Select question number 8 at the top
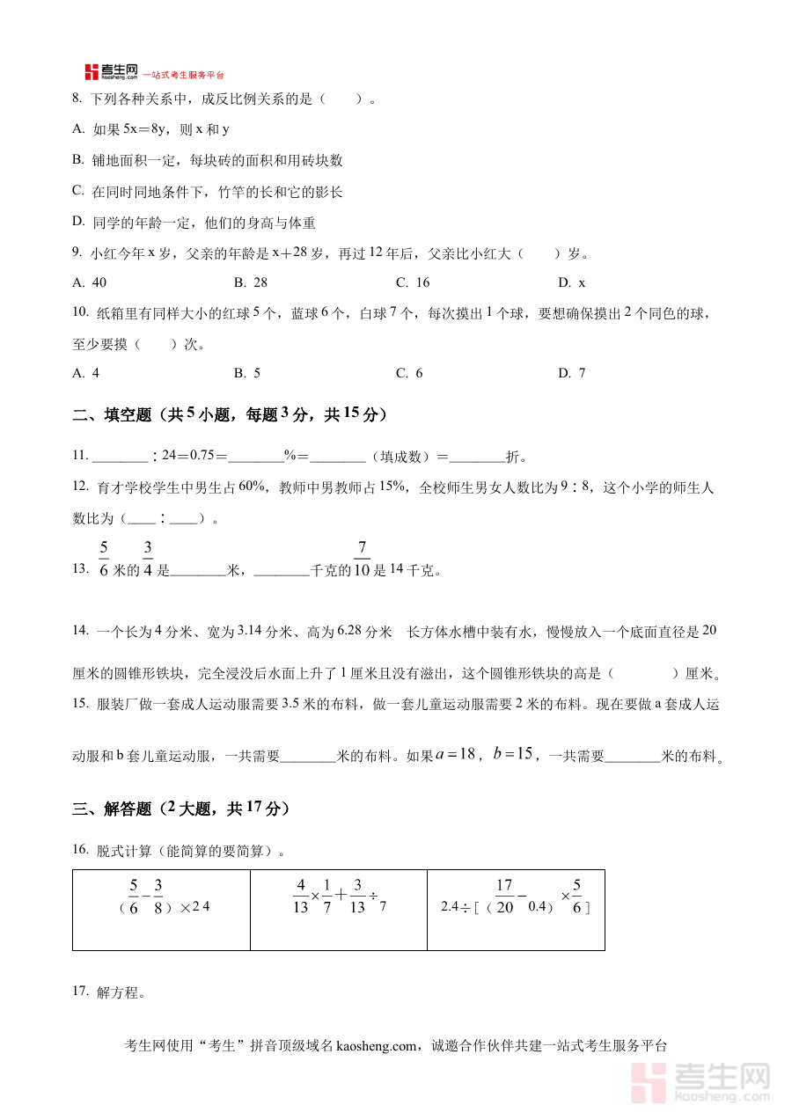coord(77,99)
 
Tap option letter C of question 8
coord(77,190)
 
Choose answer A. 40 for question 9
coord(90,282)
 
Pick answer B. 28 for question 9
coord(251,282)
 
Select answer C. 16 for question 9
coord(413,282)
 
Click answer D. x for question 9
coord(572,282)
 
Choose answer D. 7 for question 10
coord(572,373)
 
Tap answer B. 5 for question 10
coord(247,373)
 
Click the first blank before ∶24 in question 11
coord(121,457)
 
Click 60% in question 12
coord(252,487)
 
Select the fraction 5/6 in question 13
coord(104,560)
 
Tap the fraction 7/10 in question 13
coord(362,560)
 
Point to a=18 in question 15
coord(456,753)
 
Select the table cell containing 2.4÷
coord(516,910)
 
